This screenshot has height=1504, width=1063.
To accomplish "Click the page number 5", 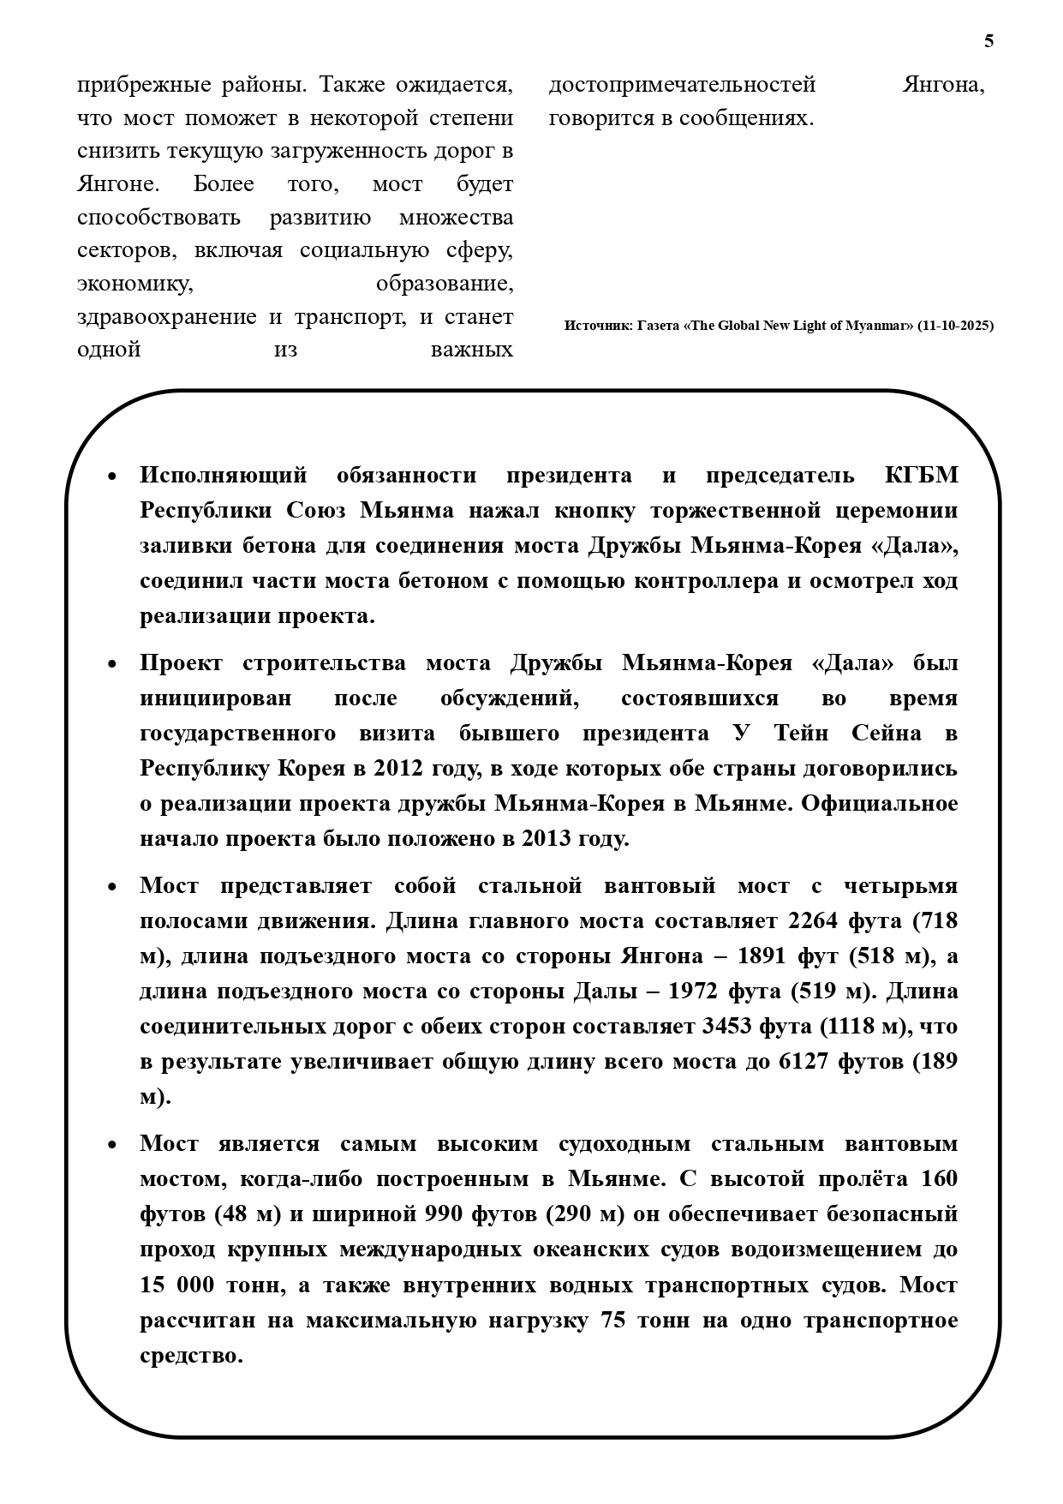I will (x=989, y=41).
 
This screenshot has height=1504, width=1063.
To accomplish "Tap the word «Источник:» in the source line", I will (x=599, y=326).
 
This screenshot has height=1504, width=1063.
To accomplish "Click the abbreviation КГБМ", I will (x=921, y=476).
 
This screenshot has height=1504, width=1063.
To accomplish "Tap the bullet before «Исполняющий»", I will (x=112, y=476).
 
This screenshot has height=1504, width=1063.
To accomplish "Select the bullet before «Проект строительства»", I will (x=112, y=664).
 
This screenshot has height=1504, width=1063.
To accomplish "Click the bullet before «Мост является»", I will (x=112, y=1145).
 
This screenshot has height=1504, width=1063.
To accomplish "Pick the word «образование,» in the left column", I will (x=445, y=284).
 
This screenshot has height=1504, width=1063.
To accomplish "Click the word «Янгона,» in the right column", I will (x=943, y=85).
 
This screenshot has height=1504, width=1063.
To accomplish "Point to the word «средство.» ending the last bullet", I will (x=192, y=1356).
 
